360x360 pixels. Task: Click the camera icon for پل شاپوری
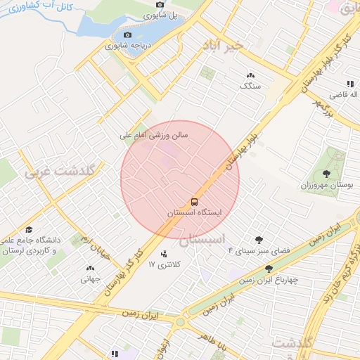(x=160, y=6)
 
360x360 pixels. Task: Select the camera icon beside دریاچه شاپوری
(x=127, y=35)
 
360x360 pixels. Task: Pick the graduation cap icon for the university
(x=29, y=230)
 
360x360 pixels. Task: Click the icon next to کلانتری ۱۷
(x=164, y=254)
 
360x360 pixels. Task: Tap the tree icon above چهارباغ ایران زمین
(x=269, y=269)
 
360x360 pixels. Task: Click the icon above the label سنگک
(x=250, y=75)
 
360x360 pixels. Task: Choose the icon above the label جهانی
(x=90, y=268)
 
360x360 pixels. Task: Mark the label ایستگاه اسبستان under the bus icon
(x=195, y=212)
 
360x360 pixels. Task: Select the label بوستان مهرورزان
(x=326, y=185)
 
